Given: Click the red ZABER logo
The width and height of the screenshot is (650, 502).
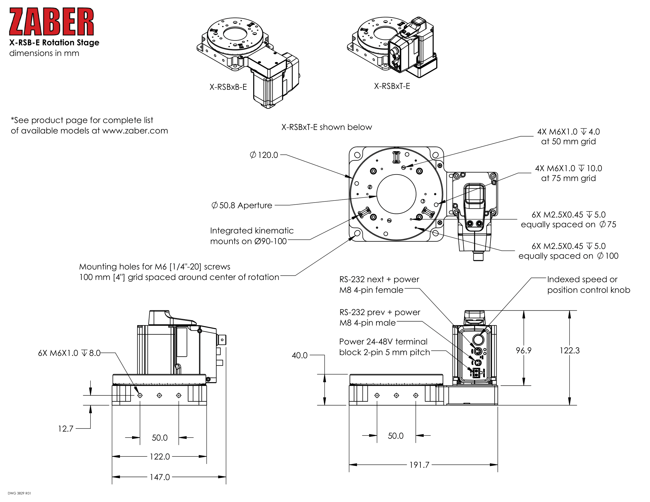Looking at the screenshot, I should pos(51,22).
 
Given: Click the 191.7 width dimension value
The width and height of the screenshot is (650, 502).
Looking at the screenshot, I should pos(419,464).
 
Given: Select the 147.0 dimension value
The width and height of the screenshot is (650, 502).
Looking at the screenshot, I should pos(160,477).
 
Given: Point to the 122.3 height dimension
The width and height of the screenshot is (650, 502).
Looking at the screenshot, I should pos(569,350).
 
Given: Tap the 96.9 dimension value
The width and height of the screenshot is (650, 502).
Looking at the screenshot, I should pos(524,350).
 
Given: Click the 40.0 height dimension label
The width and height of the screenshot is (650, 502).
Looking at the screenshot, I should pos(299,355).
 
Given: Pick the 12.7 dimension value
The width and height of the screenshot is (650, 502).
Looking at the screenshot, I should pos(66,428).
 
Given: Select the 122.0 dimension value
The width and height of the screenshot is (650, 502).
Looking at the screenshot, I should pos(160,457).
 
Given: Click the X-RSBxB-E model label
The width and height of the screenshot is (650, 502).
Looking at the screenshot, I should pos(228,87).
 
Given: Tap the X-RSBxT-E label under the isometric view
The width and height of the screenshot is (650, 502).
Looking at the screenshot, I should pos(392,86).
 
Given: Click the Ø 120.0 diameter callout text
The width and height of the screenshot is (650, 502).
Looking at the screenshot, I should pos(264,155).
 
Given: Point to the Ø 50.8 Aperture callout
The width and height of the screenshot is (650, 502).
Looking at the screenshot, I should pos(242,206).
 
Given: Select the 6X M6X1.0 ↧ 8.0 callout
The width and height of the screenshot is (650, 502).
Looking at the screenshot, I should pos(69,353).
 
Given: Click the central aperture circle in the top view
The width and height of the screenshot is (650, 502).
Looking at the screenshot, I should pos(396,194).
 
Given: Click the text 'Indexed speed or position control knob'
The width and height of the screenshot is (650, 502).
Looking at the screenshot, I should pos(588,285).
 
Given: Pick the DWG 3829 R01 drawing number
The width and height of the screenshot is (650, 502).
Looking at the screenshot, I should pos(19,493).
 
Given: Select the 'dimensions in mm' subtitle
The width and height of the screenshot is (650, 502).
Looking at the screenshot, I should pos(44,53).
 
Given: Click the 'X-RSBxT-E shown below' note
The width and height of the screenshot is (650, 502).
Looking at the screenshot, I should pos(326,127).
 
